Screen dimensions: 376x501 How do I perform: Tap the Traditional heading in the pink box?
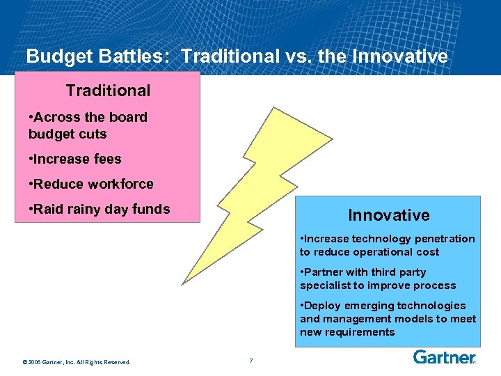tap(108, 91)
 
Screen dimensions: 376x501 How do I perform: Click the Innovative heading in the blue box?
tap(389, 215)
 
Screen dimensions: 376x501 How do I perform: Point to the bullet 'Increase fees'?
tap(75, 159)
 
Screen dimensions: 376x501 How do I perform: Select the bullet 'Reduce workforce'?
tap(91, 184)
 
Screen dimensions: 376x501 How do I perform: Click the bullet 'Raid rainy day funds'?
tap(100, 209)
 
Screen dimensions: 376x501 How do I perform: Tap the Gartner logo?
tap(444, 358)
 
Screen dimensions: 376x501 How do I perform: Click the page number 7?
tap(250, 360)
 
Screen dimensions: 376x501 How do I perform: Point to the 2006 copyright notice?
tap(77, 361)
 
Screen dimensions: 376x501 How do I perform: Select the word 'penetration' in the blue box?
tap(447, 239)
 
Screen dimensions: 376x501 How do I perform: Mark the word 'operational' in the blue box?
tap(395, 252)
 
